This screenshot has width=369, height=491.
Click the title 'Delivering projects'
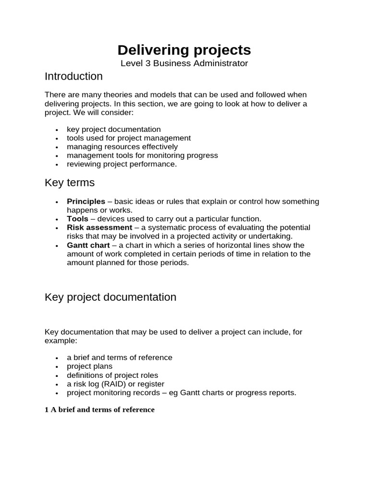(x=184, y=50)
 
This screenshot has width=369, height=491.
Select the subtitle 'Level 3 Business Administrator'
(x=184, y=63)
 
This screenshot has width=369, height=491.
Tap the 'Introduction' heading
(x=74, y=76)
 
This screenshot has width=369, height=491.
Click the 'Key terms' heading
(x=70, y=183)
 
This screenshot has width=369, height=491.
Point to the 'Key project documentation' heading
(x=111, y=297)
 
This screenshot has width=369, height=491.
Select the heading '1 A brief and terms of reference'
(x=99, y=409)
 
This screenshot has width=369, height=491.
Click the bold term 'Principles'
(x=86, y=201)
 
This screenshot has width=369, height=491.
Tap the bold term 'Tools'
(x=77, y=219)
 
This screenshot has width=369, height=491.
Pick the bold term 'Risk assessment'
(x=99, y=227)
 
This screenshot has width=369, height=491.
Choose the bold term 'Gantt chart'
(x=88, y=245)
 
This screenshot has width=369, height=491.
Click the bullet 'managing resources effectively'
(x=122, y=147)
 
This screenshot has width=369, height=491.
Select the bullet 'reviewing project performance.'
(x=122, y=164)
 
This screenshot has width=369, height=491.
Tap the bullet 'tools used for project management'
(x=129, y=138)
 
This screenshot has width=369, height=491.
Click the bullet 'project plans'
(x=89, y=366)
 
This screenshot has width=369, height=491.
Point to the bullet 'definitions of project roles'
(x=112, y=375)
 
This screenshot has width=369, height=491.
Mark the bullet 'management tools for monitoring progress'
(x=142, y=155)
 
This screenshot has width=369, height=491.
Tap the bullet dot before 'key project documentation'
(x=57, y=130)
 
